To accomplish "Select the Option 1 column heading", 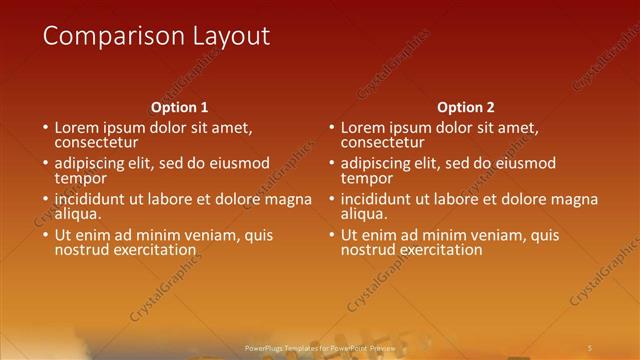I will click(x=180, y=107).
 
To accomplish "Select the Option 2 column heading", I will click(x=466, y=107).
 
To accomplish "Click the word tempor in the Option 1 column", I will click(x=79, y=178).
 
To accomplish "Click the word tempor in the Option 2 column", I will click(x=365, y=178).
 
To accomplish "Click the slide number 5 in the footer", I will click(x=590, y=347).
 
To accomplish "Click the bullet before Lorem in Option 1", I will click(x=45, y=128).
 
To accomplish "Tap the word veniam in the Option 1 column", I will click(x=205, y=235).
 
